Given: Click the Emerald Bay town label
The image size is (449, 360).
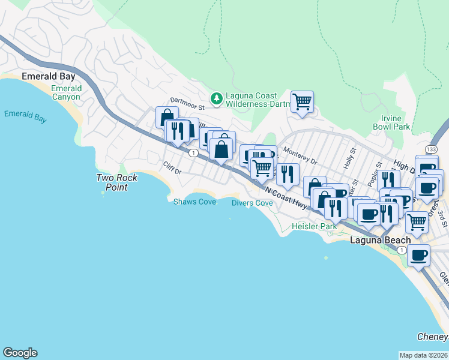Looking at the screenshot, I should [47, 76].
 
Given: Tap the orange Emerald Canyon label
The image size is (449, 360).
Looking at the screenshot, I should [66, 92].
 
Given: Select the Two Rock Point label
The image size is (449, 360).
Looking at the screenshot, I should [117, 182].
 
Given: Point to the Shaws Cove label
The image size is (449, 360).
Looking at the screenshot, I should [194, 202].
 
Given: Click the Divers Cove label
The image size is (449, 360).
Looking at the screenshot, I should [252, 203].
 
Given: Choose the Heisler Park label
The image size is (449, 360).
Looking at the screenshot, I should [314, 226].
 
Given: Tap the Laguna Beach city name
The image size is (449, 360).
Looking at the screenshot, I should [380, 240].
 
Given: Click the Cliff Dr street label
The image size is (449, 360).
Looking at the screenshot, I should [172, 168].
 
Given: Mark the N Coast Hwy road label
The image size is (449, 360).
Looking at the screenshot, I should [285, 197].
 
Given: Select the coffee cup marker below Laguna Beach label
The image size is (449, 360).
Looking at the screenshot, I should [418, 255].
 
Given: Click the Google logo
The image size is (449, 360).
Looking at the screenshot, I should [20, 353].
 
